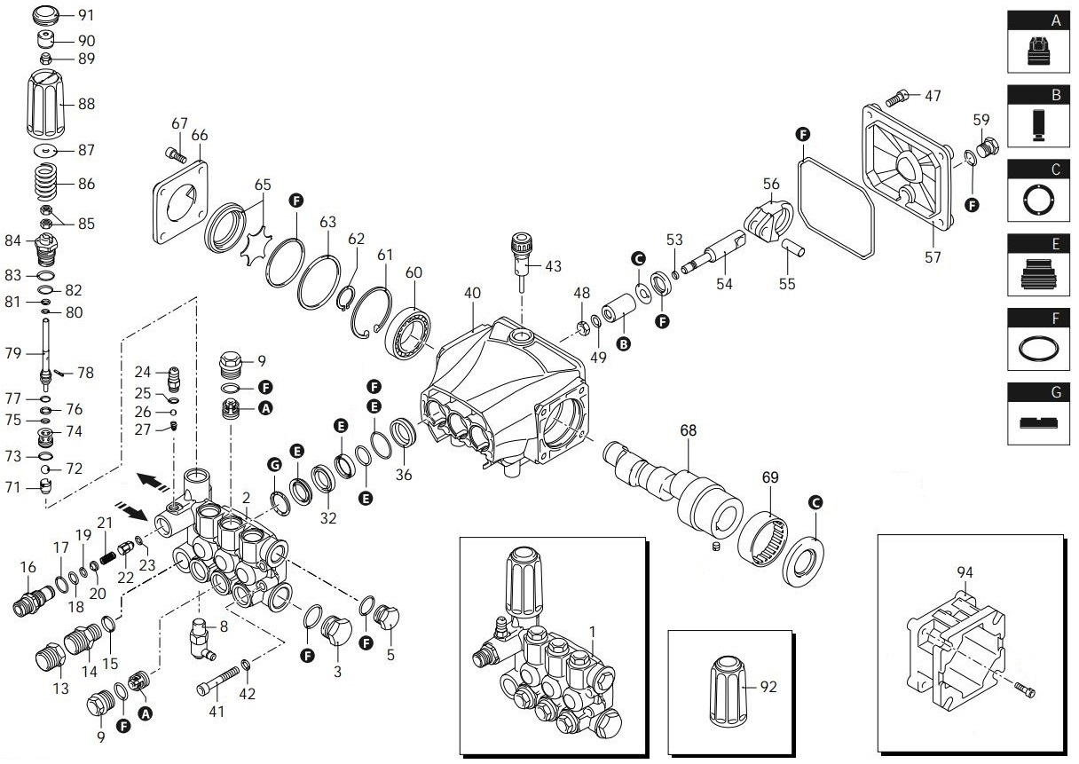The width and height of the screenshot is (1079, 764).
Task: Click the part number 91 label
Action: pyautogui.click(x=87, y=15)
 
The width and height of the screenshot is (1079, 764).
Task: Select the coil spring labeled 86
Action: pyautogui.click(x=51, y=184)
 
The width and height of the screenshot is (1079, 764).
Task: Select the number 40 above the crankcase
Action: pyautogui.click(x=471, y=294)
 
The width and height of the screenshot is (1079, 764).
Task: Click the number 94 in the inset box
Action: pyautogui.click(x=965, y=573)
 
